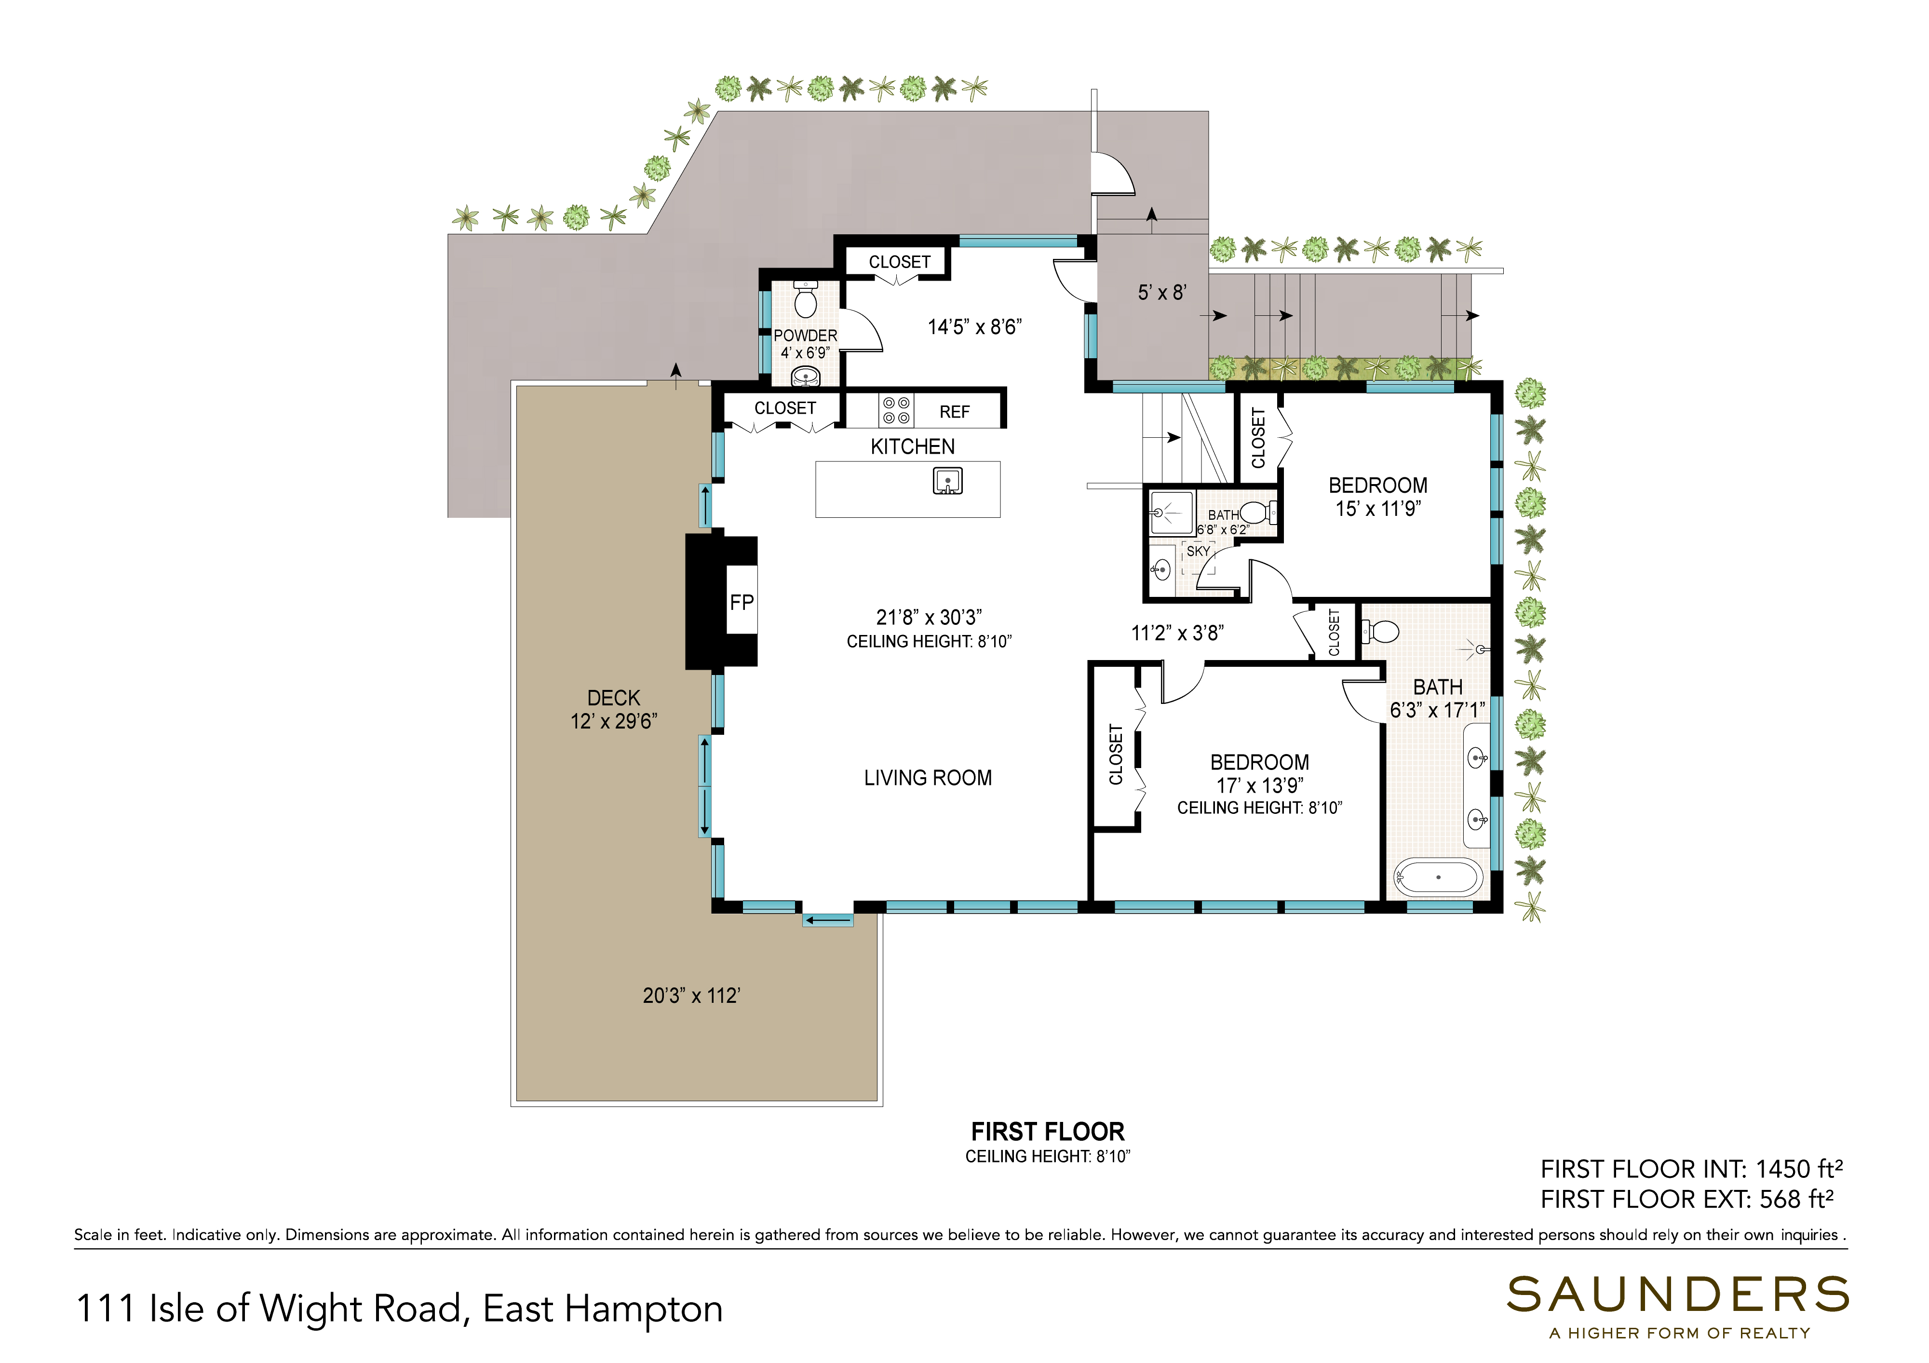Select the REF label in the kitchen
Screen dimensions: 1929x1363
(x=955, y=412)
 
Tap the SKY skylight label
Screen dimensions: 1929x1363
(x=1198, y=551)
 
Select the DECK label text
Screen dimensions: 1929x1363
(x=613, y=698)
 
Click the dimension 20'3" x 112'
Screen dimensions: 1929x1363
(x=690, y=996)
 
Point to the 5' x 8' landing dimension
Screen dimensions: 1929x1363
(x=1162, y=293)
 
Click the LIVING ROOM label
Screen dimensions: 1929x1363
(x=928, y=778)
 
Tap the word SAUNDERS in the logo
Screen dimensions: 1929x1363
(x=1678, y=1295)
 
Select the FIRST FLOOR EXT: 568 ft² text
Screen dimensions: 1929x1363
(x=1687, y=1199)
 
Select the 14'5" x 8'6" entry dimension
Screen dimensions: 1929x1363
(x=974, y=327)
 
